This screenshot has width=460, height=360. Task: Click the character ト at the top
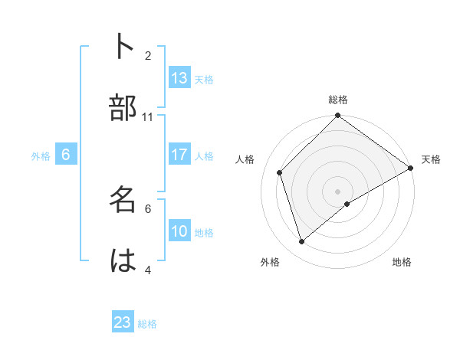(x=123, y=47)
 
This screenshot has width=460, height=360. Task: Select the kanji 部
(x=123, y=108)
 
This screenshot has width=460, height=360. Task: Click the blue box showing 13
(x=179, y=78)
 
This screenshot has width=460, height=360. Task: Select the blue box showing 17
(x=179, y=155)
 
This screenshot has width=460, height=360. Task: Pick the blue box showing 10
(x=179, y=231)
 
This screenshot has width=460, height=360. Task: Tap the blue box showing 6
(x=66, y=155)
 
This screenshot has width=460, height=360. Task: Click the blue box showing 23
(x=123, y=322)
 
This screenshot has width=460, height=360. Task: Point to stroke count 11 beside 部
(x=148, y=116)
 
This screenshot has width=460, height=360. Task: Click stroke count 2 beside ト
(x=148, y=55)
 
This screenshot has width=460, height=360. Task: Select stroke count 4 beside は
(x=148, y=270)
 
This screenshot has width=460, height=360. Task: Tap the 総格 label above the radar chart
(x=338, y=100)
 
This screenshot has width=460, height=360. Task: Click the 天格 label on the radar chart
(x=431, y=159)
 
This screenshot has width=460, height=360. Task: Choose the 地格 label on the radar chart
(x=402, y=262)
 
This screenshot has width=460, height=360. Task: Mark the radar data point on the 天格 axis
(x=411, y=168)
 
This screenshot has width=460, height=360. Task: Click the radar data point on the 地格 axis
(x=347, y=204)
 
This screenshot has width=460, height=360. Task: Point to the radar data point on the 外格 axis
(x=302, y=241)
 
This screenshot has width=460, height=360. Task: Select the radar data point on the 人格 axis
(x=280, y=172)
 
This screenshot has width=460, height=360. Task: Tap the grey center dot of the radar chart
(x=338, y=191)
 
